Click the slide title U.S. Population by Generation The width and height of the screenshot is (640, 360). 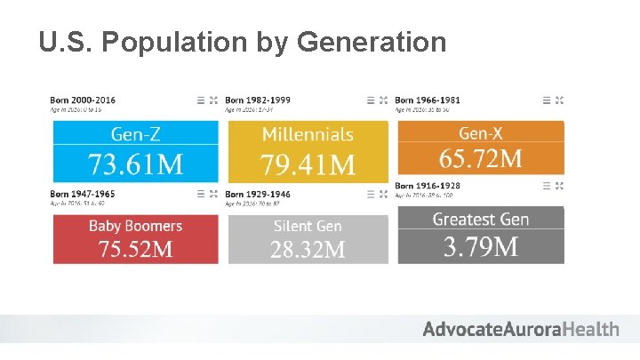(x=243, y=41)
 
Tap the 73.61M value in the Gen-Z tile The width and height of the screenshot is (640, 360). (x=135, y=164)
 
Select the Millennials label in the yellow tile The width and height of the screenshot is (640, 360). (x=308, y=134)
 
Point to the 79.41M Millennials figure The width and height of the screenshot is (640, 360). (x=308, y=164)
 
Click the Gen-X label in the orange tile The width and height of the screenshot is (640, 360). (x=480, y=133)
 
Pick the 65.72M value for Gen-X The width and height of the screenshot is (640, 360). (x=480, y=159)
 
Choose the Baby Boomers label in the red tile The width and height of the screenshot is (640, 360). (x=135, y=226)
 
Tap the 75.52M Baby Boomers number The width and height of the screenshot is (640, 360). (x=135, y=249)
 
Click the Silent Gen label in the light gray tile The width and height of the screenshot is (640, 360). (x=308, y=226)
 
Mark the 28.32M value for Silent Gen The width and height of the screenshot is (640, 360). (x=308, y=249)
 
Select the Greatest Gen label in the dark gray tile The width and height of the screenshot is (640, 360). (x=480, y=219)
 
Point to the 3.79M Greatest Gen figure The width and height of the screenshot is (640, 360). (x=480, y=246)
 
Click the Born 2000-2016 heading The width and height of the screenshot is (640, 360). (x=83, y=100)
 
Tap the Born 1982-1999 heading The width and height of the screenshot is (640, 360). (x=257, y=100)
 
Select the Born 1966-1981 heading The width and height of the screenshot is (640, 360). (x=428, y=100)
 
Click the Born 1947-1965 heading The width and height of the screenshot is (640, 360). (x=83, y=193)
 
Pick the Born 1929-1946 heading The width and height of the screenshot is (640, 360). (x=257, y=193)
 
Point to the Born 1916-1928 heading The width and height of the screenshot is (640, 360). (x=428, y=185)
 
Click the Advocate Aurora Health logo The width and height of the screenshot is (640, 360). (x=521, y=329)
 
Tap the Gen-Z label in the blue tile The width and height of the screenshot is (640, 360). (x=135, y=134)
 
